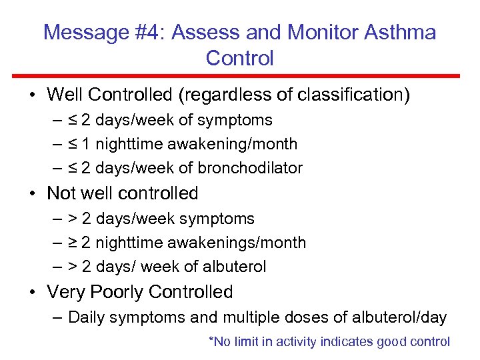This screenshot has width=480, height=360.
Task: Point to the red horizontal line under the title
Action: click(x=240, y=75)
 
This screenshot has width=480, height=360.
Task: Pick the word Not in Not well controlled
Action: click(x=62, y=193)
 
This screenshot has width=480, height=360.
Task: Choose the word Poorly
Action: click(x=118, y=292)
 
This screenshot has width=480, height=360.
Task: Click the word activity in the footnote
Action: click(x=295, y=342)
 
